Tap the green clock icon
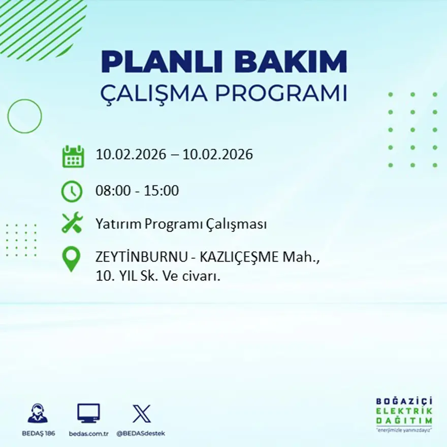point(72,191)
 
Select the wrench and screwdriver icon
point(72,223)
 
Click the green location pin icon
point(71,258)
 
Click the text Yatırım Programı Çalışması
point(181,224)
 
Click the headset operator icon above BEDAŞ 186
point(38,413)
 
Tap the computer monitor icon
point(88,413)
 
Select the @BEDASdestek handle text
point(141,433)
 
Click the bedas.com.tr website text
point(88,433)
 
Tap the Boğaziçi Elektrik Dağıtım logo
point(404,413)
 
